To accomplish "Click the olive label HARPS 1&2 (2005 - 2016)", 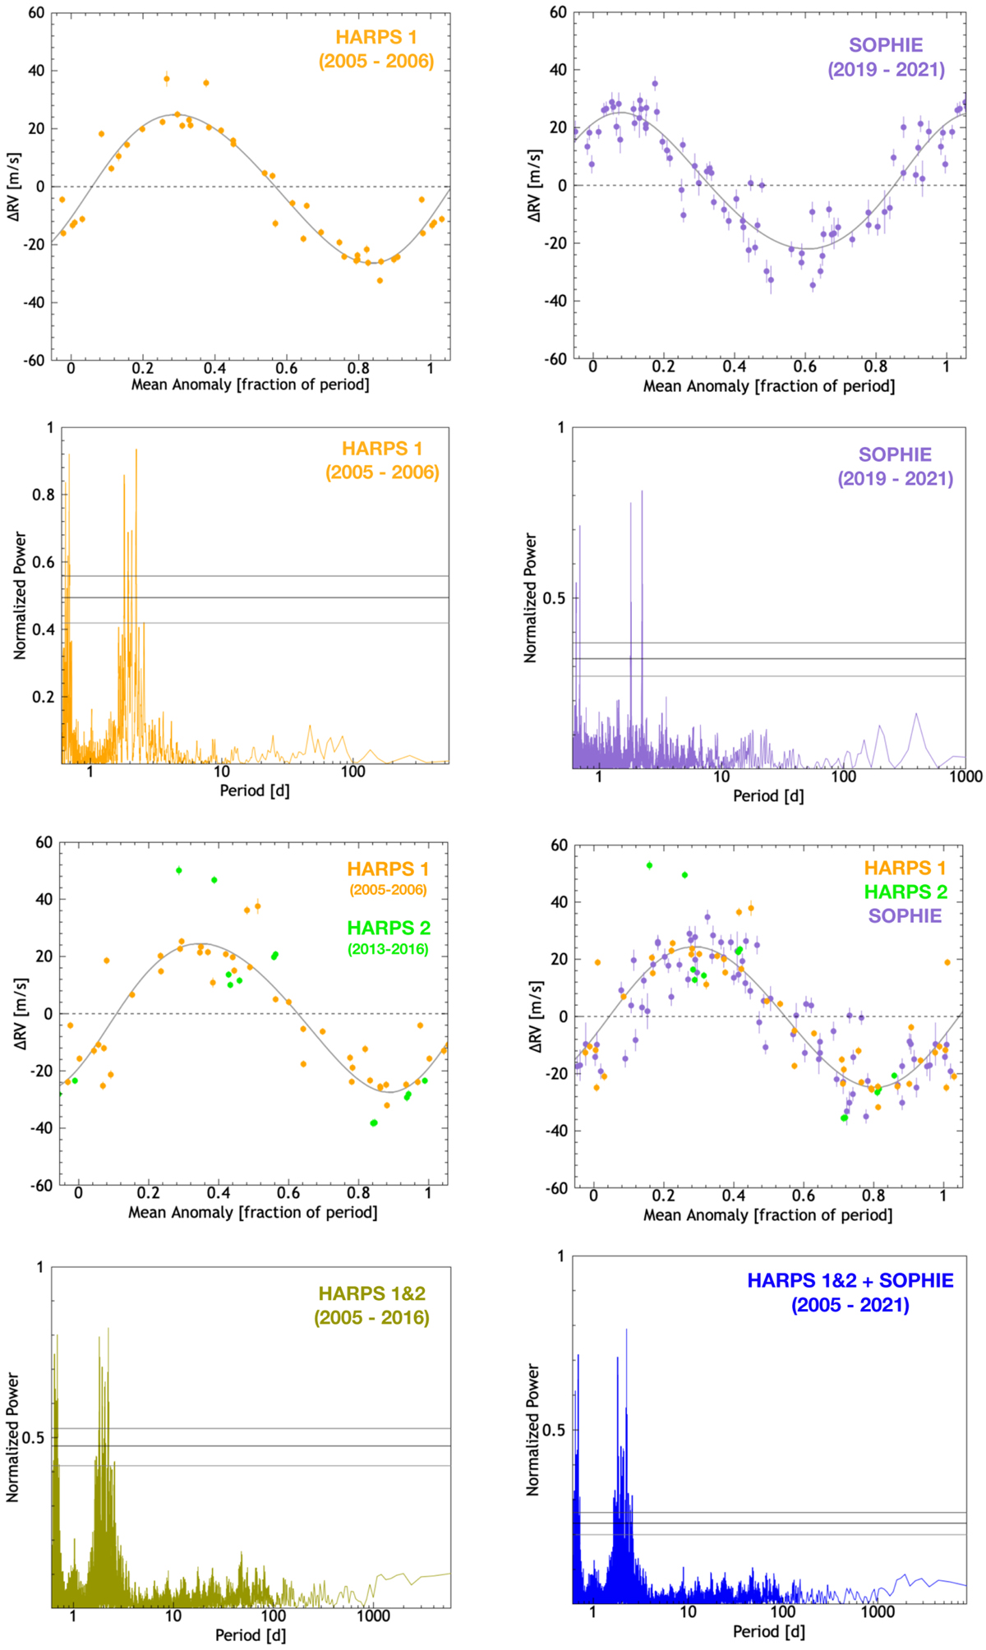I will click(371, 1306).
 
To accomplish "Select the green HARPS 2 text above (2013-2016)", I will click(388, 928).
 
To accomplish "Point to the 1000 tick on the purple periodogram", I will click(965, 777).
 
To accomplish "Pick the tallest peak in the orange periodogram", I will click(136, 449).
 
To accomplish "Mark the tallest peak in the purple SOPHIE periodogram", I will click(642, 491).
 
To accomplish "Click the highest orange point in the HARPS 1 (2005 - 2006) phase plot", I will click(167, 80).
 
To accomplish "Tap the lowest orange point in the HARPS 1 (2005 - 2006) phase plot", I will click(380, 280).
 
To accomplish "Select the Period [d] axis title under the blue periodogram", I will click(768, 1631).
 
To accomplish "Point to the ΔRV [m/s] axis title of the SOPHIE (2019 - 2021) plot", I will click(535, 186).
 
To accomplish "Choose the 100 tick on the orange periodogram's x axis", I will click(353, 772).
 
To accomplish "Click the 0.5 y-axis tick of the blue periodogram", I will click(554, 1430).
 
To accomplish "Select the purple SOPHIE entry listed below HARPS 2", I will click(905, 915).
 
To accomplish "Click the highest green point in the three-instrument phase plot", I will click(649, 865).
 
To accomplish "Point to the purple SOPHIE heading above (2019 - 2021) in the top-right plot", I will click(886, 45).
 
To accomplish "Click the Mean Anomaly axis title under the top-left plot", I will click(250, 384).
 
